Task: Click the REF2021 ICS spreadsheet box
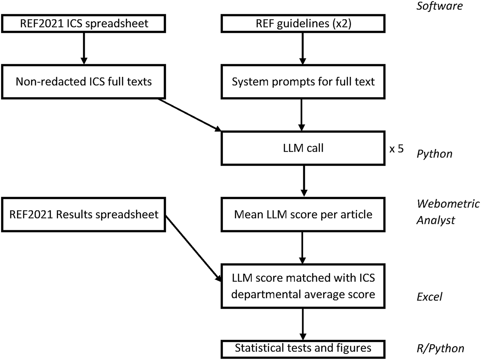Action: tap(83, 24)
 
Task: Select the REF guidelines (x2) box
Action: tap(303, 24)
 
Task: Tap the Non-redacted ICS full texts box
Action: tap(83, 82)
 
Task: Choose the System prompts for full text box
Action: tap(303, 82)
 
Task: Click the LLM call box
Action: tap(303, 148)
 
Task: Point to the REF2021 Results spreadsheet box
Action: tap(83, 214)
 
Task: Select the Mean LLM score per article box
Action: tap(303, 214)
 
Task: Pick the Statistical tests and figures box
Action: tap(303, 349)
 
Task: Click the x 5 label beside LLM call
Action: tap(396, 149)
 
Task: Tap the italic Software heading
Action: tap(440, 6)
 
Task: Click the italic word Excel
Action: tap(429, 297)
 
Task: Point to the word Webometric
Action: tap(448, 204)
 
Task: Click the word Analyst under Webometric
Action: tap(436, 220)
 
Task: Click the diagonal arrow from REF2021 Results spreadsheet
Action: tap(193, 248)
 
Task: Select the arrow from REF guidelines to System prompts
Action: tap(303, 49)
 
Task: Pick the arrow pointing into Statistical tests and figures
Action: tap(303, 324)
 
